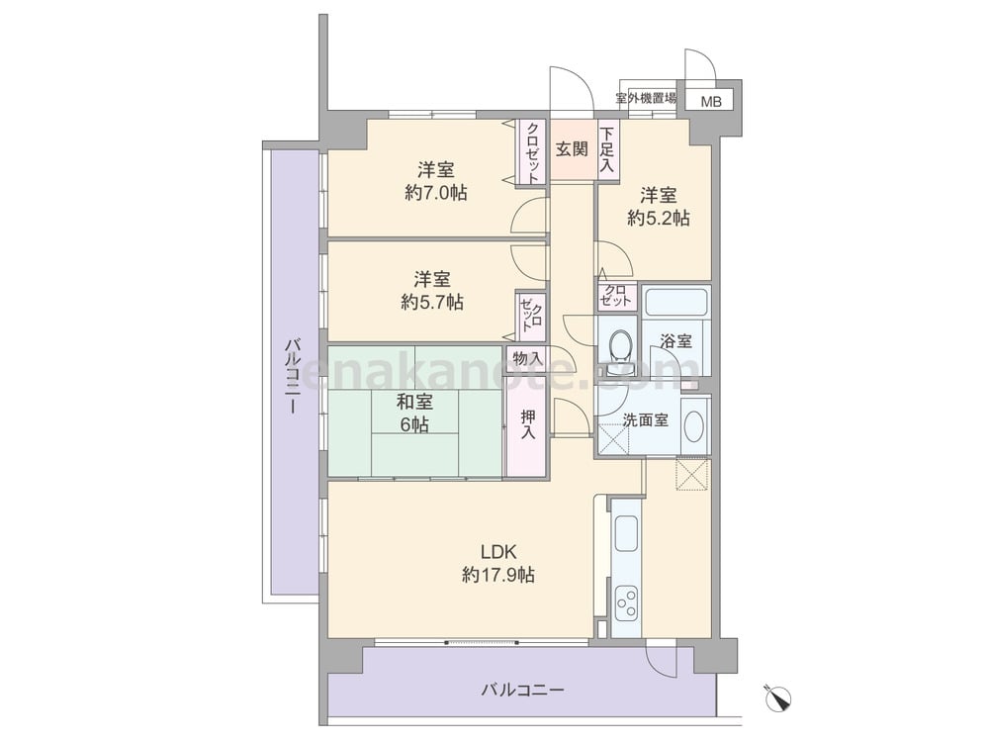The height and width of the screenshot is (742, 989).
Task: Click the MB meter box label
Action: (x=711, y=101)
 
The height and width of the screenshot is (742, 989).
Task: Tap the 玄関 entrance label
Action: (x=572, y=149)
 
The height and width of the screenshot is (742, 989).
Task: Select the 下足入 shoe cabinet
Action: (x=607, y=149)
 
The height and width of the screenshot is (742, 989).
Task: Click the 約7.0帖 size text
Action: (x=436, y=193)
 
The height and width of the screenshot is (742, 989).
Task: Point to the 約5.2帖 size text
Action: (x=658, y=218)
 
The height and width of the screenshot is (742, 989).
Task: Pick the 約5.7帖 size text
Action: (x=432, y=302)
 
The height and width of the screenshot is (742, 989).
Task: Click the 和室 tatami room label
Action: (x=414, y=402)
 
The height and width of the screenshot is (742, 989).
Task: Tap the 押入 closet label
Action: (x=527, y=424)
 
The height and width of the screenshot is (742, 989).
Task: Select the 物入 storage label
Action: (x=527, y=358)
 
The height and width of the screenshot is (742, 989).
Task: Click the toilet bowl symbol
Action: (x=621, y=345)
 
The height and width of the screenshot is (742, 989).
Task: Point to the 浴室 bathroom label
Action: (x=675, y=341)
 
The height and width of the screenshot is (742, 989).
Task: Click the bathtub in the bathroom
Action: (x=675, y=302)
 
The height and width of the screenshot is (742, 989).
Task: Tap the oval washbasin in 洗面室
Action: (x=694, y=425)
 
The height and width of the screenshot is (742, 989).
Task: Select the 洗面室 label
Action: (x=645, y=419)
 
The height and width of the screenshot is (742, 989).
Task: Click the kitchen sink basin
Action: (x=626, y=534)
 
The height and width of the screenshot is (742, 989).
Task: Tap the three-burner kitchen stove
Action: (x=626, y=603)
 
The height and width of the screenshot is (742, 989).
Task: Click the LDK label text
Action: (x=498, y=552)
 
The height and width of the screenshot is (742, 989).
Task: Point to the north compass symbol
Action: (x=778, y=696)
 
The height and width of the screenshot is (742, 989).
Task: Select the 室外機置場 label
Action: (x=646, y=98)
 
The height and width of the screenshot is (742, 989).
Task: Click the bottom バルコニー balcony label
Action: (x=523, y=690)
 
